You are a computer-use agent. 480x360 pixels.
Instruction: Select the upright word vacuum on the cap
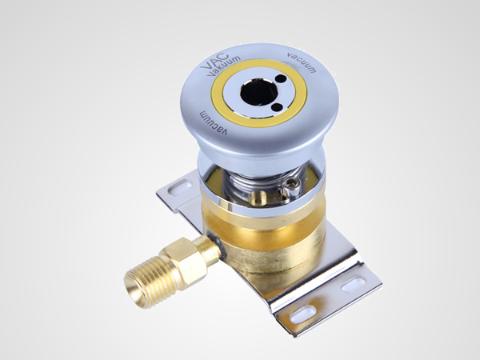302,62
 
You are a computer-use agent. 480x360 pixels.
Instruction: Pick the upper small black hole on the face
282,78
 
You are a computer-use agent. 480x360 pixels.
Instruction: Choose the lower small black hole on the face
277,107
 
